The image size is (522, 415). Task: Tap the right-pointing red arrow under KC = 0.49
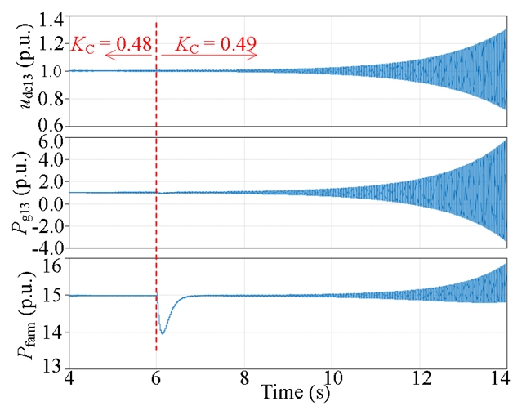209,56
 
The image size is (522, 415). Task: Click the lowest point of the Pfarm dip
163,333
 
